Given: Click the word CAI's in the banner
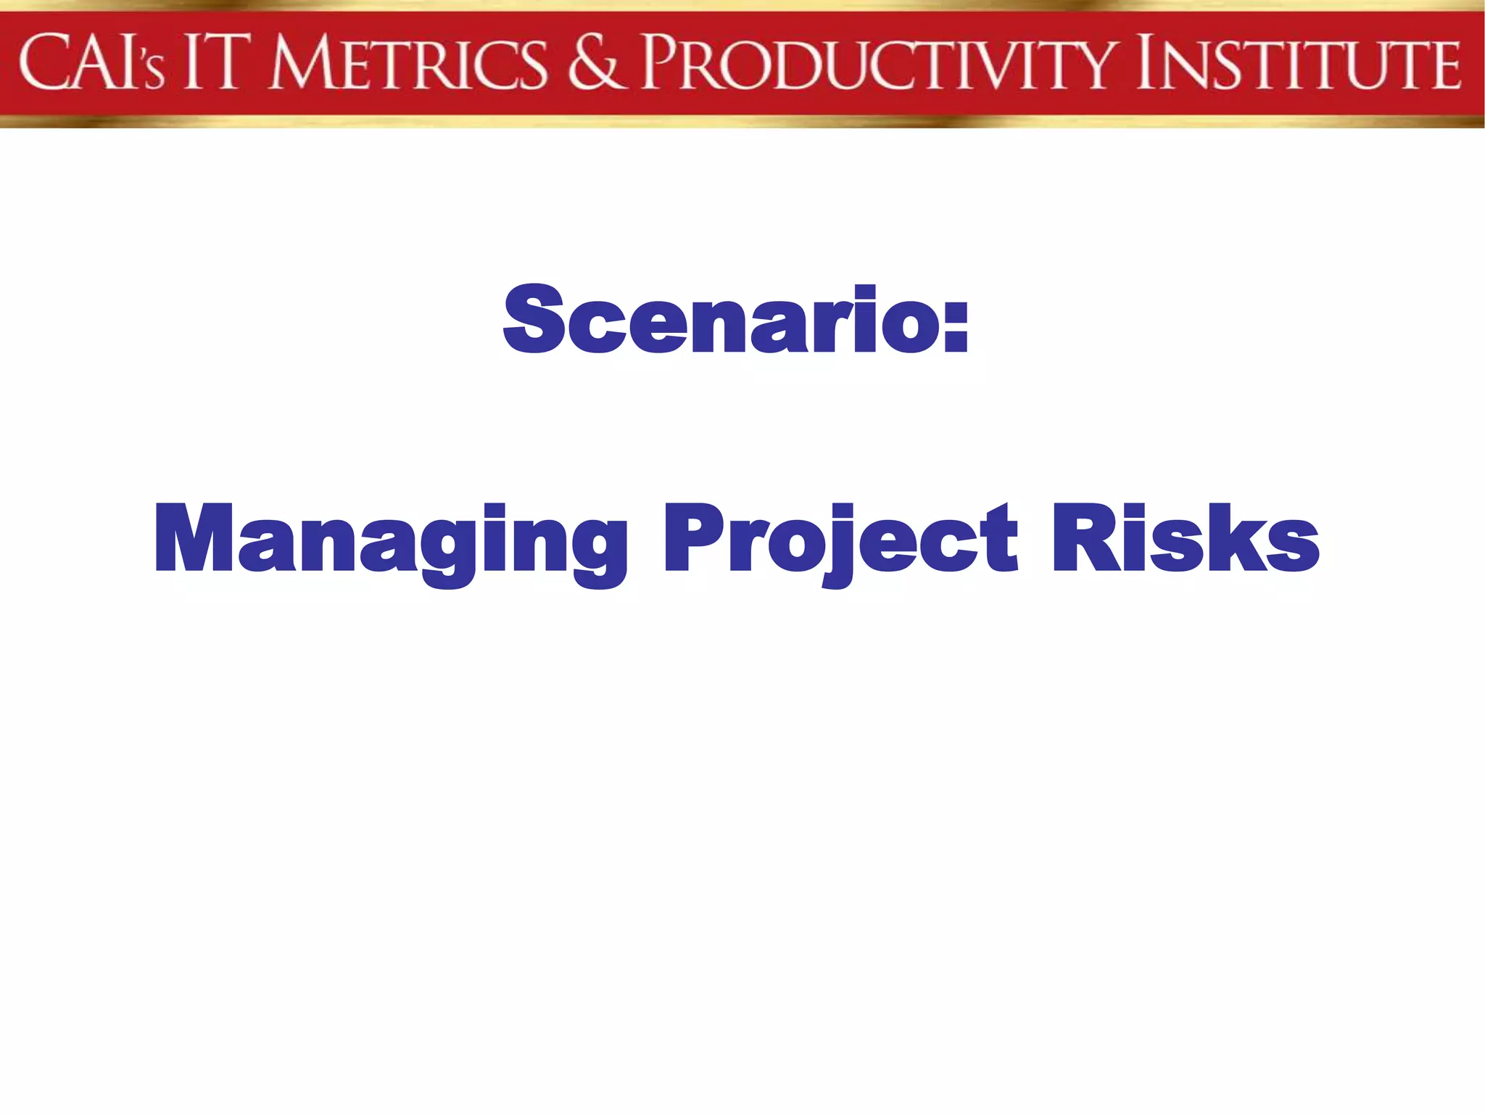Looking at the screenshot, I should coord(92,64).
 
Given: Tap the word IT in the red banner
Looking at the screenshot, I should coord(212,64).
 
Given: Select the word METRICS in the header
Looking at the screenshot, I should coord(407,64).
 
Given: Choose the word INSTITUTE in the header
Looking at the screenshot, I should coord(1299,64).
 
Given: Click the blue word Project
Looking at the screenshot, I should coord(841,540).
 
